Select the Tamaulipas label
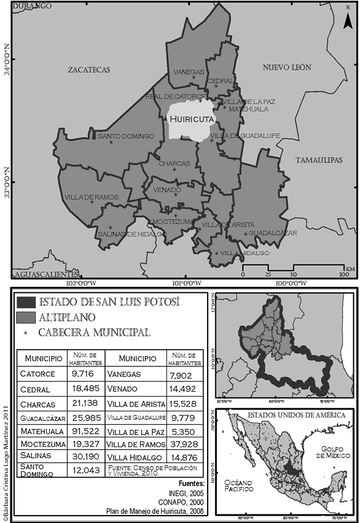[319, 160]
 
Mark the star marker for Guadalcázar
[247, 234]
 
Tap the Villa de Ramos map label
[87, 197]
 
